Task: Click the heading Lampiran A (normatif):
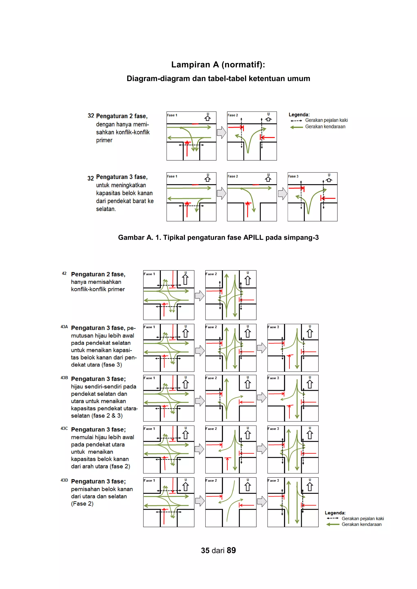click(218, 65)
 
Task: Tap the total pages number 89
click(231, 551)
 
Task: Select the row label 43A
click(64, 327)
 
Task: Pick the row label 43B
click(64, 378)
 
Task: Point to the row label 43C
click(64, 428)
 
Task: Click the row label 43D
click(64, 480)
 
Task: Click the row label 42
click(64, 273)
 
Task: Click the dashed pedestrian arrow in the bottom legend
click(333, 518)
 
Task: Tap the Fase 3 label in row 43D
click(273, 481)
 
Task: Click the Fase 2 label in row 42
click(211, 274)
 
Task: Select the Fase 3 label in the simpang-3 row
click(293, 176)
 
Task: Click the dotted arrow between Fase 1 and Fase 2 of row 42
click(200, 296)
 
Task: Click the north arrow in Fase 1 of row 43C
click(185, 435)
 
